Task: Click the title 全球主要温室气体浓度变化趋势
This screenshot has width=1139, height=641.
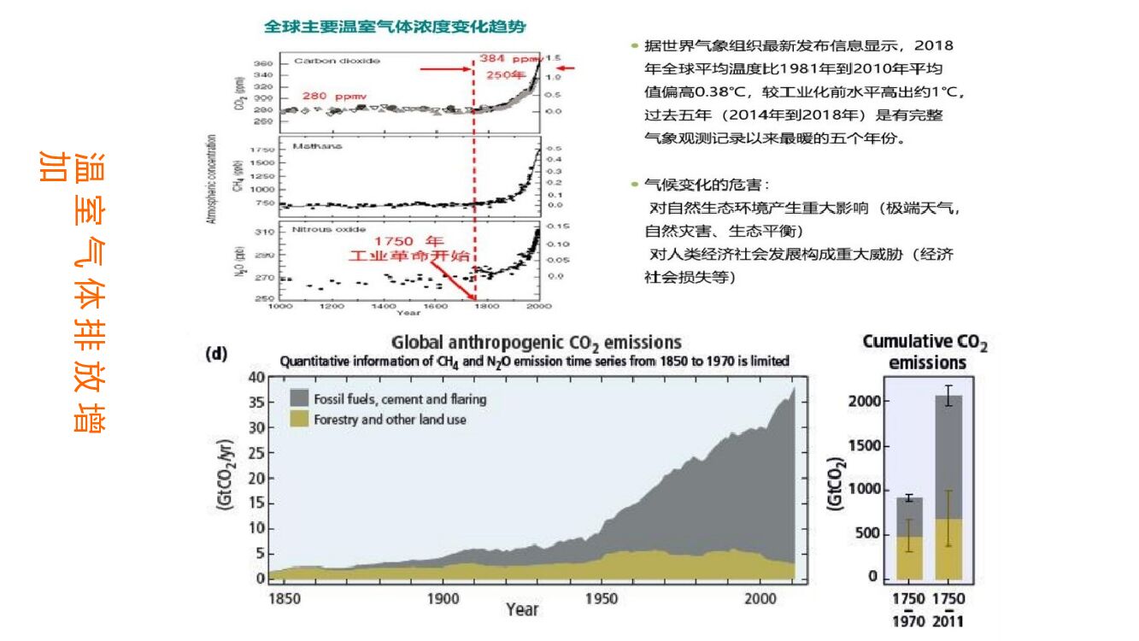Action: click(394, 26)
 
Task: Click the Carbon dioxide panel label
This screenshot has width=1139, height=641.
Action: click(336, 61)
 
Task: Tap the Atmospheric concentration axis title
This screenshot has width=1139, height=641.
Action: click(210, 179)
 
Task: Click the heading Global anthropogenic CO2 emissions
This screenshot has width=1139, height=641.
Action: click(536, 344)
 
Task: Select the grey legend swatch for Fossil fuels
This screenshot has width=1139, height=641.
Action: click(299, 398)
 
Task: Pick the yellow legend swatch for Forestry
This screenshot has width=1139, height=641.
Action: click(299, 419)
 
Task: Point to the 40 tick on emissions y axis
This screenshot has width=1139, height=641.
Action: click(255, 377)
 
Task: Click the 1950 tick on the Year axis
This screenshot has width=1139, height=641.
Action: click(602, 598)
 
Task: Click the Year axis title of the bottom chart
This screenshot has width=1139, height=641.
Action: click(521, 609)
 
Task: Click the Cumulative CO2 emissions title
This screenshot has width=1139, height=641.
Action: click(925, 352)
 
